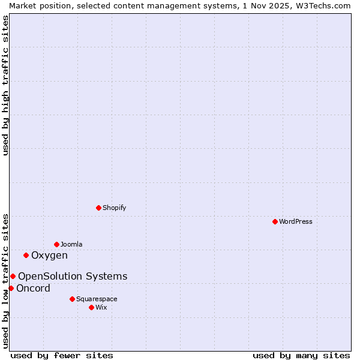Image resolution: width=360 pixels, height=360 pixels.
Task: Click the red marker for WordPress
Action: click(x=275, y=221)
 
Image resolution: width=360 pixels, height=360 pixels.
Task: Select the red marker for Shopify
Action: click(x=98, y=208)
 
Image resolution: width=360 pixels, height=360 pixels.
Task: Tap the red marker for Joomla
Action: click(x=56, y=244)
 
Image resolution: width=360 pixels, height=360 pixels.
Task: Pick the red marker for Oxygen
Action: click(x=26, y=255)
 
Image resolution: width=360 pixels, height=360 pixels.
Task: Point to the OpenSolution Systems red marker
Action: click(x=13, y=276)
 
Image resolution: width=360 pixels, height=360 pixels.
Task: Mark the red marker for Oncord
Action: click(x=11, y=288)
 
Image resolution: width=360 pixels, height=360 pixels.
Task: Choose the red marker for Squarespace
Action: click(x=72, y=299)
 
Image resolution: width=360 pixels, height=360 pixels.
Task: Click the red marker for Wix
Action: click(x=91, y=307)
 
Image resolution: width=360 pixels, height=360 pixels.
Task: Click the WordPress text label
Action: click(x=296, y=221)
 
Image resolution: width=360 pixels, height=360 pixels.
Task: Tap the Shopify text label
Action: click(x=114, y=208)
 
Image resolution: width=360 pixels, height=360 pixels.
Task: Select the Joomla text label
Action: click(x=71, y=244)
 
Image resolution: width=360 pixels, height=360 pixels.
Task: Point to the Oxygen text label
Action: click(x=49, y=256)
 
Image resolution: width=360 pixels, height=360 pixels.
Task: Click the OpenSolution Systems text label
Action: click(x=73, y=277)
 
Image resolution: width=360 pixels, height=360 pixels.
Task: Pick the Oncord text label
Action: click(x=33, y=289)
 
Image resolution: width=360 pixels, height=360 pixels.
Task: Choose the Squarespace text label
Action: click(x=97, y=299)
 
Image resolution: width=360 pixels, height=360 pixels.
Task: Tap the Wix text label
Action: click(x=101, y=307)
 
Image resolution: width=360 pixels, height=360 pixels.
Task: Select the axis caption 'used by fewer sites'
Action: click(x=62, y=355)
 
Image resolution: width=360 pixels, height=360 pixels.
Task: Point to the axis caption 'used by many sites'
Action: click(x=301, y=355)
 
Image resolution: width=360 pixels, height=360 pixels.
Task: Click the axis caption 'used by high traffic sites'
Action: click(x=5, y=85)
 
